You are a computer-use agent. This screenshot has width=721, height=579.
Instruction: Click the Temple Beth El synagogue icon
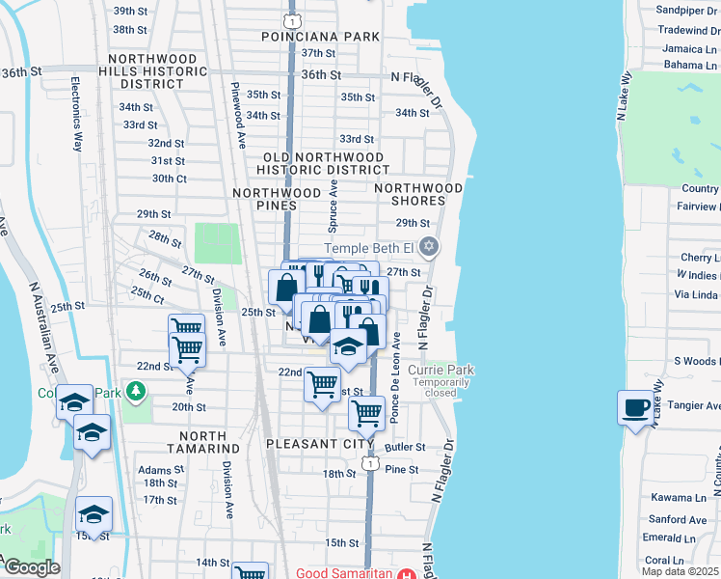click(x=430, y=248)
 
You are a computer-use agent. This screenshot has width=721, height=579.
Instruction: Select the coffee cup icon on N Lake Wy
click(x=635, y=407)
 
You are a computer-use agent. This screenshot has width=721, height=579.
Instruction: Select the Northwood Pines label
click(x=277, y=193)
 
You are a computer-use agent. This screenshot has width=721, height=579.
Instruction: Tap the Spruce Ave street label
click(x=334, y=207)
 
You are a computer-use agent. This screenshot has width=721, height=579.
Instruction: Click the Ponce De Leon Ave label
click(x=395, y=377)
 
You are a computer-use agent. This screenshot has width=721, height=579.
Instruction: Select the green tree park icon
click(x=137, y=390)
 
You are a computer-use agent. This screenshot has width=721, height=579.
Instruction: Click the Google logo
click(x=32, y=567)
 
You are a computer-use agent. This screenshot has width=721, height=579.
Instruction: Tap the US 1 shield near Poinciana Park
click(x=291, y=19)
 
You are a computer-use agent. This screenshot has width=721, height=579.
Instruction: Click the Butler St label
click(x=405, y=447)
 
